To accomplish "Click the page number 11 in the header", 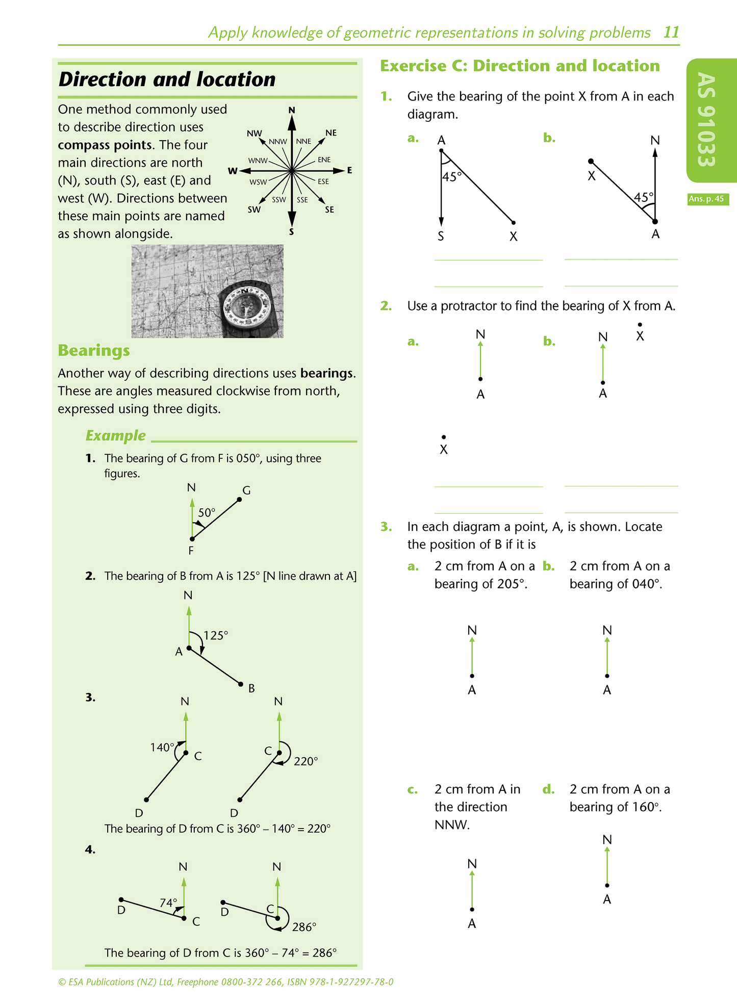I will (x=671, y=32).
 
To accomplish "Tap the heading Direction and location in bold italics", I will (x=167, y=80).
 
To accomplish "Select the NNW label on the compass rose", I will (x=278, y=141).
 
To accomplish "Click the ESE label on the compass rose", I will (x=323, y=182).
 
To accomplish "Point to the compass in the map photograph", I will (x=247, y=306).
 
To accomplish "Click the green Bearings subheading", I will (x=94, y=350).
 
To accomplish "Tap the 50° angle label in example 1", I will (x=207, y=512).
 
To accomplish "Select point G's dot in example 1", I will (x=239, y=499).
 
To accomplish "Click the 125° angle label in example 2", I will (x=216, y=635).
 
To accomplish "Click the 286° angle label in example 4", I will (x=304, y=927).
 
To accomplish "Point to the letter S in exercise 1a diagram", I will (x=441, y=237).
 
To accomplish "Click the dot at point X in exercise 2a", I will (x=444, y=437).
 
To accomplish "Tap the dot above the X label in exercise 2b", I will (x=640, y=324).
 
